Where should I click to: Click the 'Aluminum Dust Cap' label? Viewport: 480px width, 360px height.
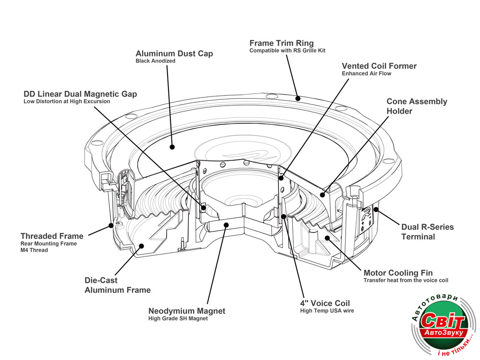174,54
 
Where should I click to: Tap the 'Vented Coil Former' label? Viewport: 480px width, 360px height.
379,66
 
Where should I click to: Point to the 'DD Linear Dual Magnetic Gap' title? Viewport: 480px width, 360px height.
80,94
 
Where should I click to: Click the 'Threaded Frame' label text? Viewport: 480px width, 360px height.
52,236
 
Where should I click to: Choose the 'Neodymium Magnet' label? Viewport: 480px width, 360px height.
187,311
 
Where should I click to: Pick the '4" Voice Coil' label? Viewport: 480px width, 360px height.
325,303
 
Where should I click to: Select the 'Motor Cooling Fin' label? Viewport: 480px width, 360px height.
398,273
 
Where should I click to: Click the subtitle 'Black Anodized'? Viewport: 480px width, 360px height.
156,61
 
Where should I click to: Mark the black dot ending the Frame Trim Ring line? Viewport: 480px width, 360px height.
298,99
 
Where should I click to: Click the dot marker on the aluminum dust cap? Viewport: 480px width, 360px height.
172,147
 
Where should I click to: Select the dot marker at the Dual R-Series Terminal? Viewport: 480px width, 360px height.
376,209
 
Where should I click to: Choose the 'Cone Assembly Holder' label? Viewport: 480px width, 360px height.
417,106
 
